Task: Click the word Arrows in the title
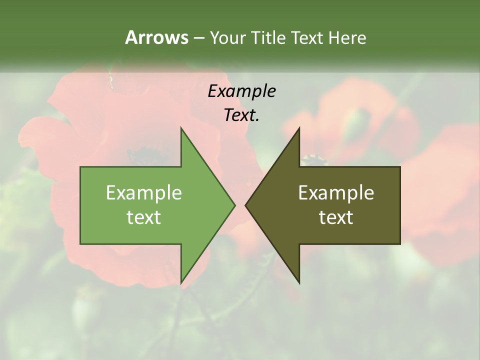point(156,37)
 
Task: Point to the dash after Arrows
point(198,38)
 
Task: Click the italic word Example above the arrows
point(241,91)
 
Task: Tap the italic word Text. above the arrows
point(241,115)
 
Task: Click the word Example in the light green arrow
point(144,193)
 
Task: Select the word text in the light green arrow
point(144,217)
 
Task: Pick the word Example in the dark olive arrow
point(336,193)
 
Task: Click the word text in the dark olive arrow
point(336,217)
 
